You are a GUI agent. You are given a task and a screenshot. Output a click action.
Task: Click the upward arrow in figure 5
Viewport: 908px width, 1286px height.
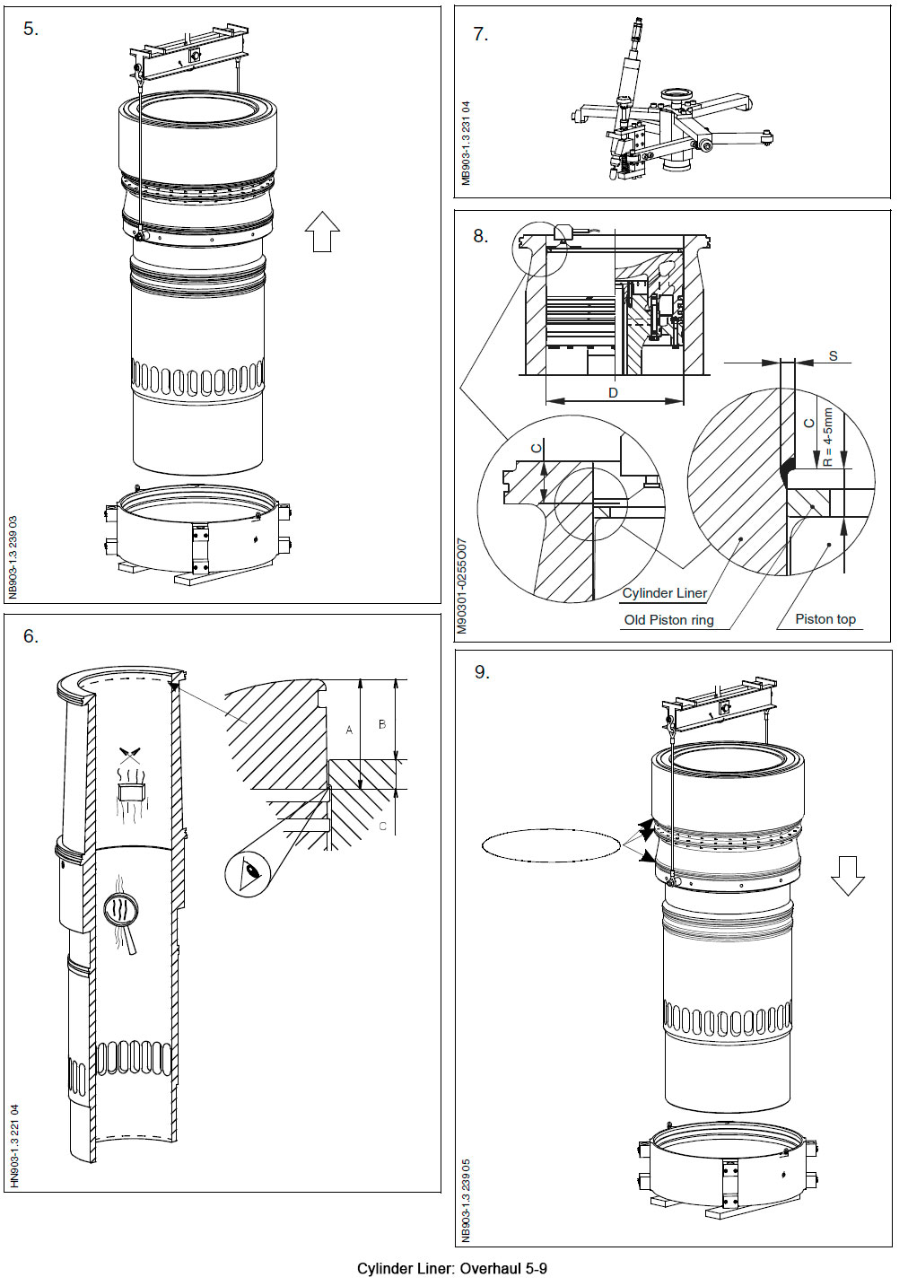pyautogui.click(x=322, y=232)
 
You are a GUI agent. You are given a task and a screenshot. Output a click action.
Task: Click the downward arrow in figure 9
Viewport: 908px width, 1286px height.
pyautogui.click(x=847, y=875)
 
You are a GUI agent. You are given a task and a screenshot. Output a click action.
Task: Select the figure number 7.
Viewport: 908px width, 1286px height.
pyautogui.click(x=480, y=34)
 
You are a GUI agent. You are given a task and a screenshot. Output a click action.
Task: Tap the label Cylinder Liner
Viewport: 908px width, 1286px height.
pyautogui.click(x=664, y=593)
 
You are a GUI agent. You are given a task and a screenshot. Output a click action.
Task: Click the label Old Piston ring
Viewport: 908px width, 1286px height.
pyautogui.click(x=668, y=620)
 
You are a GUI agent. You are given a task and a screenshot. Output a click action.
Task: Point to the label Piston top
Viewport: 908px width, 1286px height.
pyautogui.click(x=825, y=619)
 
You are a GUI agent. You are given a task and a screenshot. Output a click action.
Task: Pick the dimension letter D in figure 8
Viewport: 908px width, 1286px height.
pyautogui.click(x=613, y=393)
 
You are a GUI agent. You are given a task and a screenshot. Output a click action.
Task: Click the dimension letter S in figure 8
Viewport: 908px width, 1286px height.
pyautogui.click(x=833, y=356)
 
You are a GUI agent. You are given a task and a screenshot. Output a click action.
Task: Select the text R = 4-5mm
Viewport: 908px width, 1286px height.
pyautogui.click(x=828, y=438)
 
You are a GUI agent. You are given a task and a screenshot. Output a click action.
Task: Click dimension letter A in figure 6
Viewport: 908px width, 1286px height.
pyautogui.click(x=350, y=730)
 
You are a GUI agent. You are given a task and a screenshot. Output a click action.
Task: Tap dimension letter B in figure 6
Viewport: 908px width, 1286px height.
pyautogui.click(x=382, y=724)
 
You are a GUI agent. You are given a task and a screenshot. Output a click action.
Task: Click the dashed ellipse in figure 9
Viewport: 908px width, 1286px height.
pyautogui.click(x=550, y=845)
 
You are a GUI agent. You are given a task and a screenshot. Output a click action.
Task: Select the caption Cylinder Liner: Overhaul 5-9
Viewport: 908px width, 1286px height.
pyautogui.click(x=451, y=1268)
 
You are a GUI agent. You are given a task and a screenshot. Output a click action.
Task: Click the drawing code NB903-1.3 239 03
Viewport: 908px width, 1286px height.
pyautogui.click(x=13, y=556)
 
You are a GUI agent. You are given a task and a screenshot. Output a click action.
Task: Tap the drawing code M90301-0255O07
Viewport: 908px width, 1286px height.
pyautogui.click(x=462, y=586)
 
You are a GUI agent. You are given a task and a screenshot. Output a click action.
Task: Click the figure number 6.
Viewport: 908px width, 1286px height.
pyautogui.click(x=31, y=636)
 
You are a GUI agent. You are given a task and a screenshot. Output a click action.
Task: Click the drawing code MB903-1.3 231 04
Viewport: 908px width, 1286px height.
pyautogui.click(x=465, y=143)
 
